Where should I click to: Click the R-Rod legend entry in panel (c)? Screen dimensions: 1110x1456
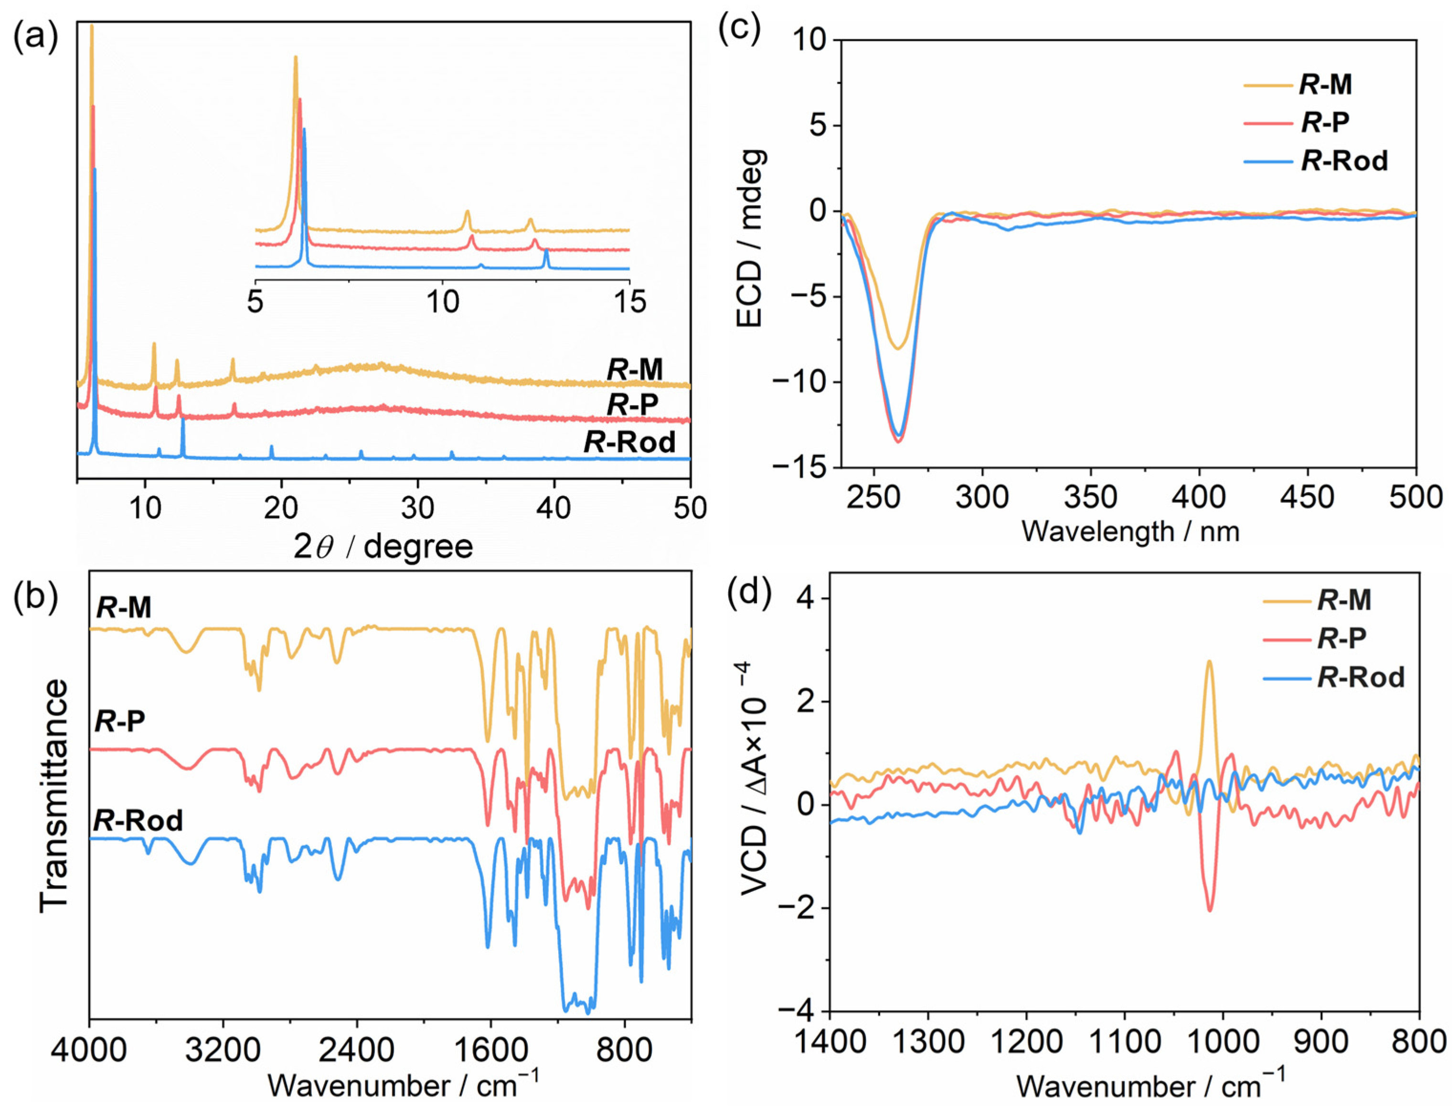point(1344,160)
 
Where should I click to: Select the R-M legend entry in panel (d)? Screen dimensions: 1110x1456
point(1344,601)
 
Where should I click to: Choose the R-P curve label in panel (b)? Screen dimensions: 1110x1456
point(120,721)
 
